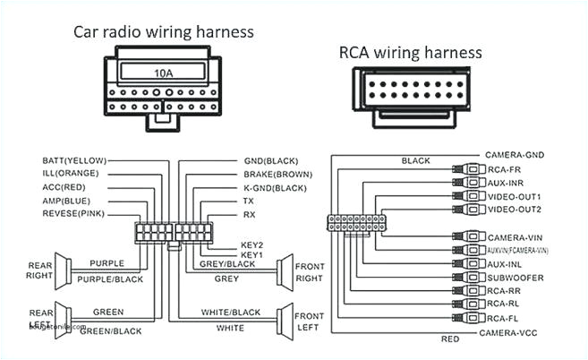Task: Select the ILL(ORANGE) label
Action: (71, 174)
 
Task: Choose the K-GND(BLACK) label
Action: (276, 187)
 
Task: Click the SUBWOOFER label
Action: (516, 278)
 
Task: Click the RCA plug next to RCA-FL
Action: (471, 318)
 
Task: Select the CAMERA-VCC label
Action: (514, 332)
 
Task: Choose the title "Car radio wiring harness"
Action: (164, 32)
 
